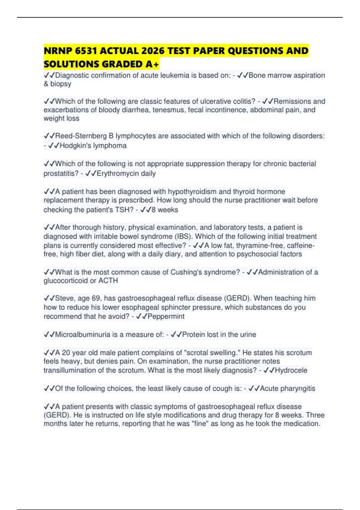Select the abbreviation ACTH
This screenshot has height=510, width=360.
point(108,280)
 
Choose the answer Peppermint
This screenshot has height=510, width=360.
point(166,316)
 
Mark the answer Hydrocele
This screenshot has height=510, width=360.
point(291,370)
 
